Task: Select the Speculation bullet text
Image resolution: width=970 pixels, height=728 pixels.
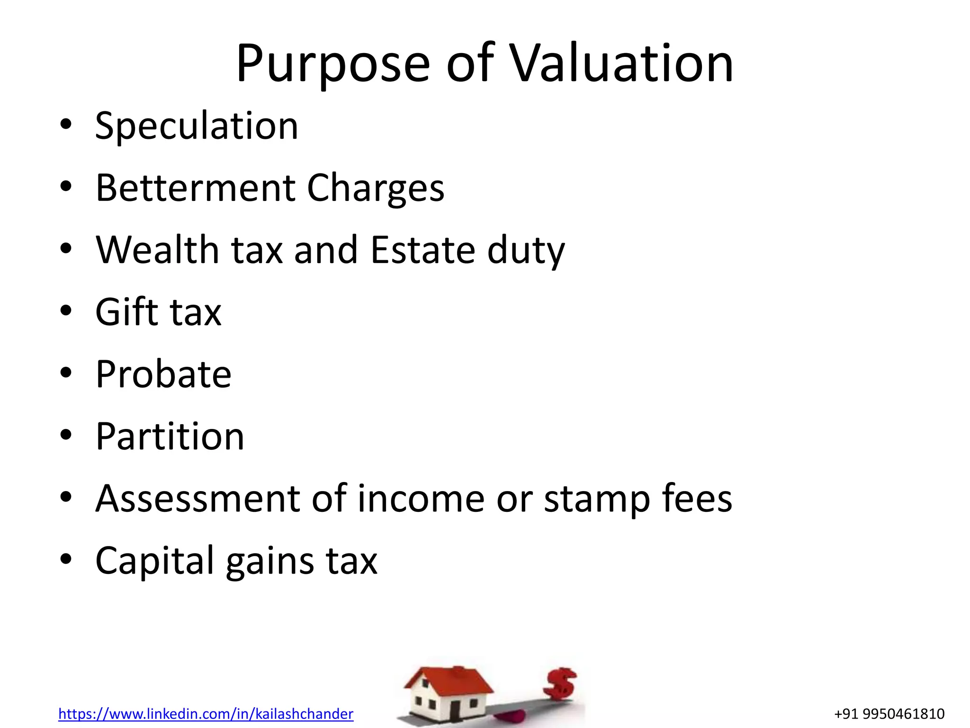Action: [197, 127]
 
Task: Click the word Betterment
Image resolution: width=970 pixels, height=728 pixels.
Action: [195, 188]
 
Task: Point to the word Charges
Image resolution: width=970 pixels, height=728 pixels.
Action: [376, 189]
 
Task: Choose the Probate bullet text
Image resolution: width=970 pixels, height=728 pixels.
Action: [163, 374]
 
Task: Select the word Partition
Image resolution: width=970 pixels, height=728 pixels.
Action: [170, 436]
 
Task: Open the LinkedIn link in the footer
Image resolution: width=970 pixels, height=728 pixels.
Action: [206, 714]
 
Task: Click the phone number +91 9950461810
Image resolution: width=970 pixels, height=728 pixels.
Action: [889, 714]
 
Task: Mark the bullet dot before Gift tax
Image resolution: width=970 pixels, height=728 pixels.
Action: [66, 311]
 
